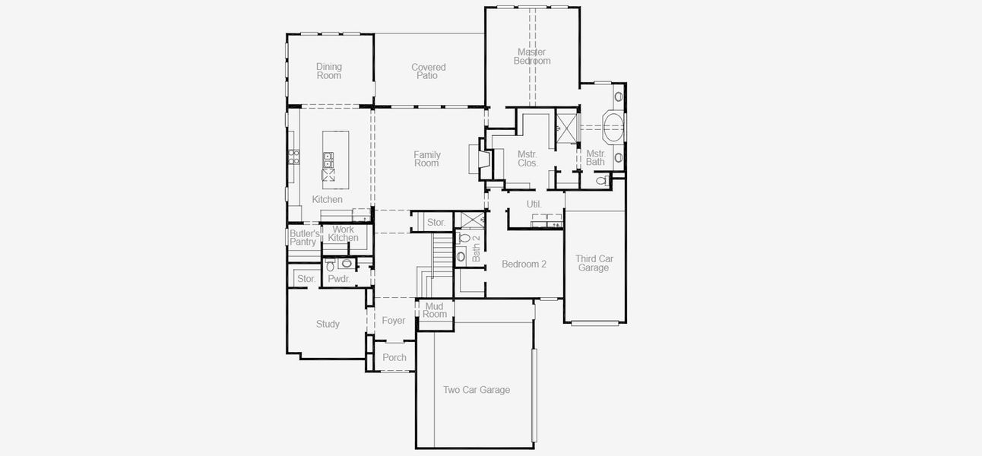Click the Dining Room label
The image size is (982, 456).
[329, 71]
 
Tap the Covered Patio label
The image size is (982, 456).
[428, 71]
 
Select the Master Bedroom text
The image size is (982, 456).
[532, 56]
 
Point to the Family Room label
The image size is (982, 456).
[426, 159]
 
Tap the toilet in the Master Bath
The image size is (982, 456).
[602, 181]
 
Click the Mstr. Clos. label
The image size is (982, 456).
[527, 159]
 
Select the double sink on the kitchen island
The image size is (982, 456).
[328, 160]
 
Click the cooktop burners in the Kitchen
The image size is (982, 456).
[293, 158]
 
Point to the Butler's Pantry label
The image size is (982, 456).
[303, 238]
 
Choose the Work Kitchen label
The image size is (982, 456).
[343, 233]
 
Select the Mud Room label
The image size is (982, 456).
[435, 310]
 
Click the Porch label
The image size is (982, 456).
[394, 357]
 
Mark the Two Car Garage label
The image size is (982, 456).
[476, 390]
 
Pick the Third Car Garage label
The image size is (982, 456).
[594, 263]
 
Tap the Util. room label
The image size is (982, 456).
[534, 204]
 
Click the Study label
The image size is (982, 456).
[328, 324]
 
